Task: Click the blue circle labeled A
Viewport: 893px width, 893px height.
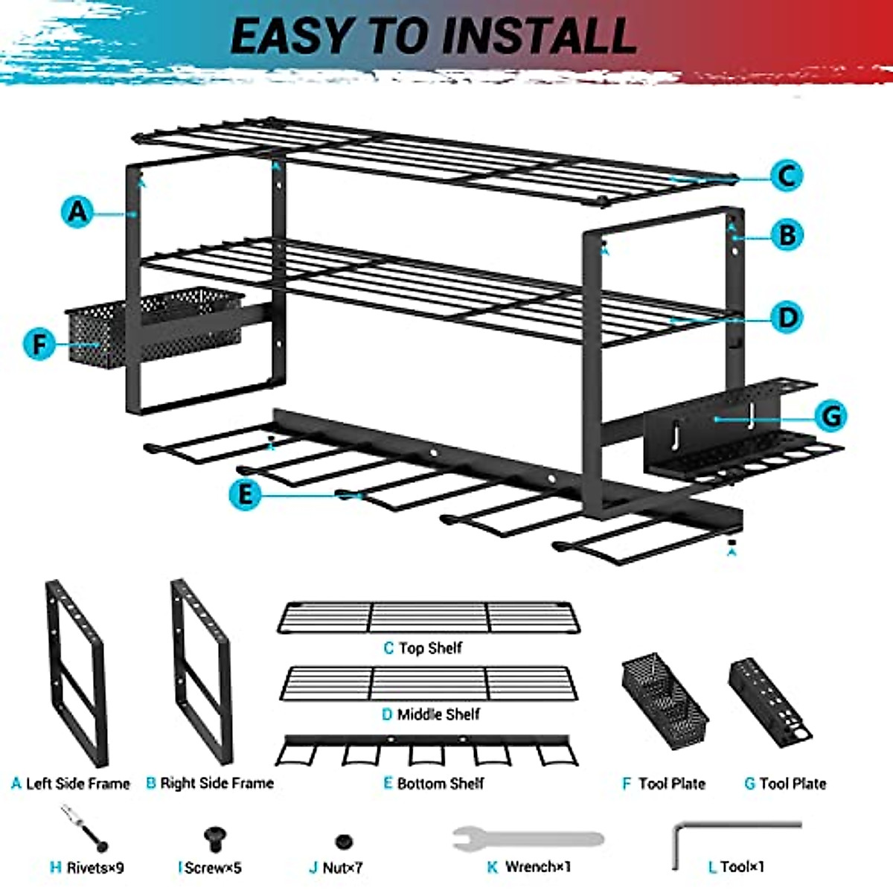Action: tap(78, 212)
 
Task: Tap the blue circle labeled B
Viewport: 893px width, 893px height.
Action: tap(787, 235)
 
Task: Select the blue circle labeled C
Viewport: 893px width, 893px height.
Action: tap(786, 176)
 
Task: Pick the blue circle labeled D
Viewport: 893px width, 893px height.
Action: tap(787, 318)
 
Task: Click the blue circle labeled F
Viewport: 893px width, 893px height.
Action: tap(39, 344)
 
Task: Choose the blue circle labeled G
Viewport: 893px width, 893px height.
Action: tap(830, 415)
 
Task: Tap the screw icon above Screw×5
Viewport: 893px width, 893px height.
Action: tap(215, 839)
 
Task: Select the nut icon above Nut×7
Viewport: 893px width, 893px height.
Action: tap(343, 842)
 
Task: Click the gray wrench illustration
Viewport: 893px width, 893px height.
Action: tap(528, 839)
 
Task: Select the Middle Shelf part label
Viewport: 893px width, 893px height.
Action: tap(431, 714)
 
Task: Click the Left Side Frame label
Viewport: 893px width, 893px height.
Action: tap(71, 784)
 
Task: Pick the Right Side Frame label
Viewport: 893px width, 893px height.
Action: tap(210, 783)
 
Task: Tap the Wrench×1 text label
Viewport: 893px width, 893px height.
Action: tap(529, 867)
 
